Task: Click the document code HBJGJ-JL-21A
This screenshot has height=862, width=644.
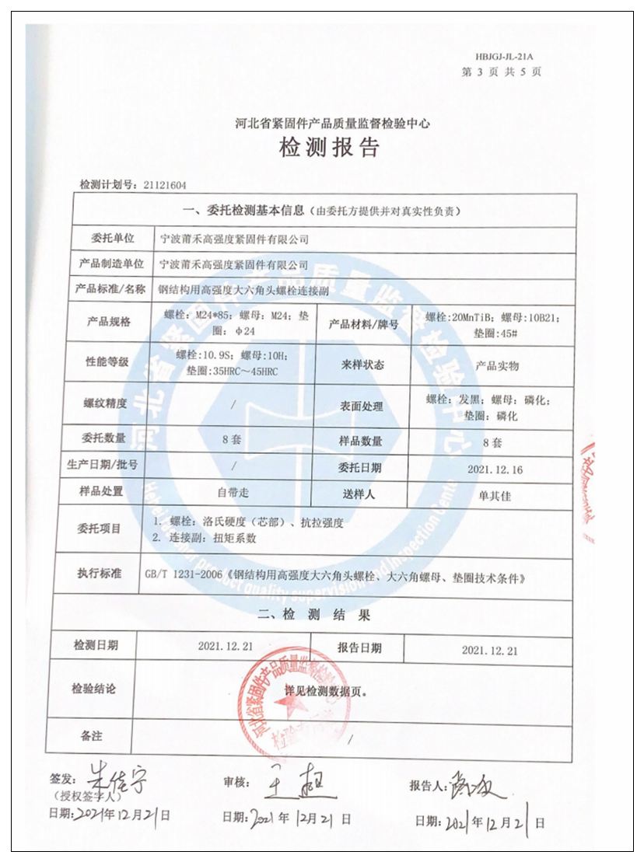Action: coord(509,57)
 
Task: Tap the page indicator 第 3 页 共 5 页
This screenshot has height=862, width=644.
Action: coord(502,72)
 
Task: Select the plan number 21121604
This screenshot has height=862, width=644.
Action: coord(164,185)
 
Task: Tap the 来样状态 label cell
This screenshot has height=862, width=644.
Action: coord(362,365)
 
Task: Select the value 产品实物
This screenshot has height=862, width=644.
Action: coord(497,365)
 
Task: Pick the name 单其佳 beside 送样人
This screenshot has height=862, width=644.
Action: coord(495,495)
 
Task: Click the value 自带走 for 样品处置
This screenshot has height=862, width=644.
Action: coord(233,494)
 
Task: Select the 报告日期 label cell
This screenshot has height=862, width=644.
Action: coord(359,647)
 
